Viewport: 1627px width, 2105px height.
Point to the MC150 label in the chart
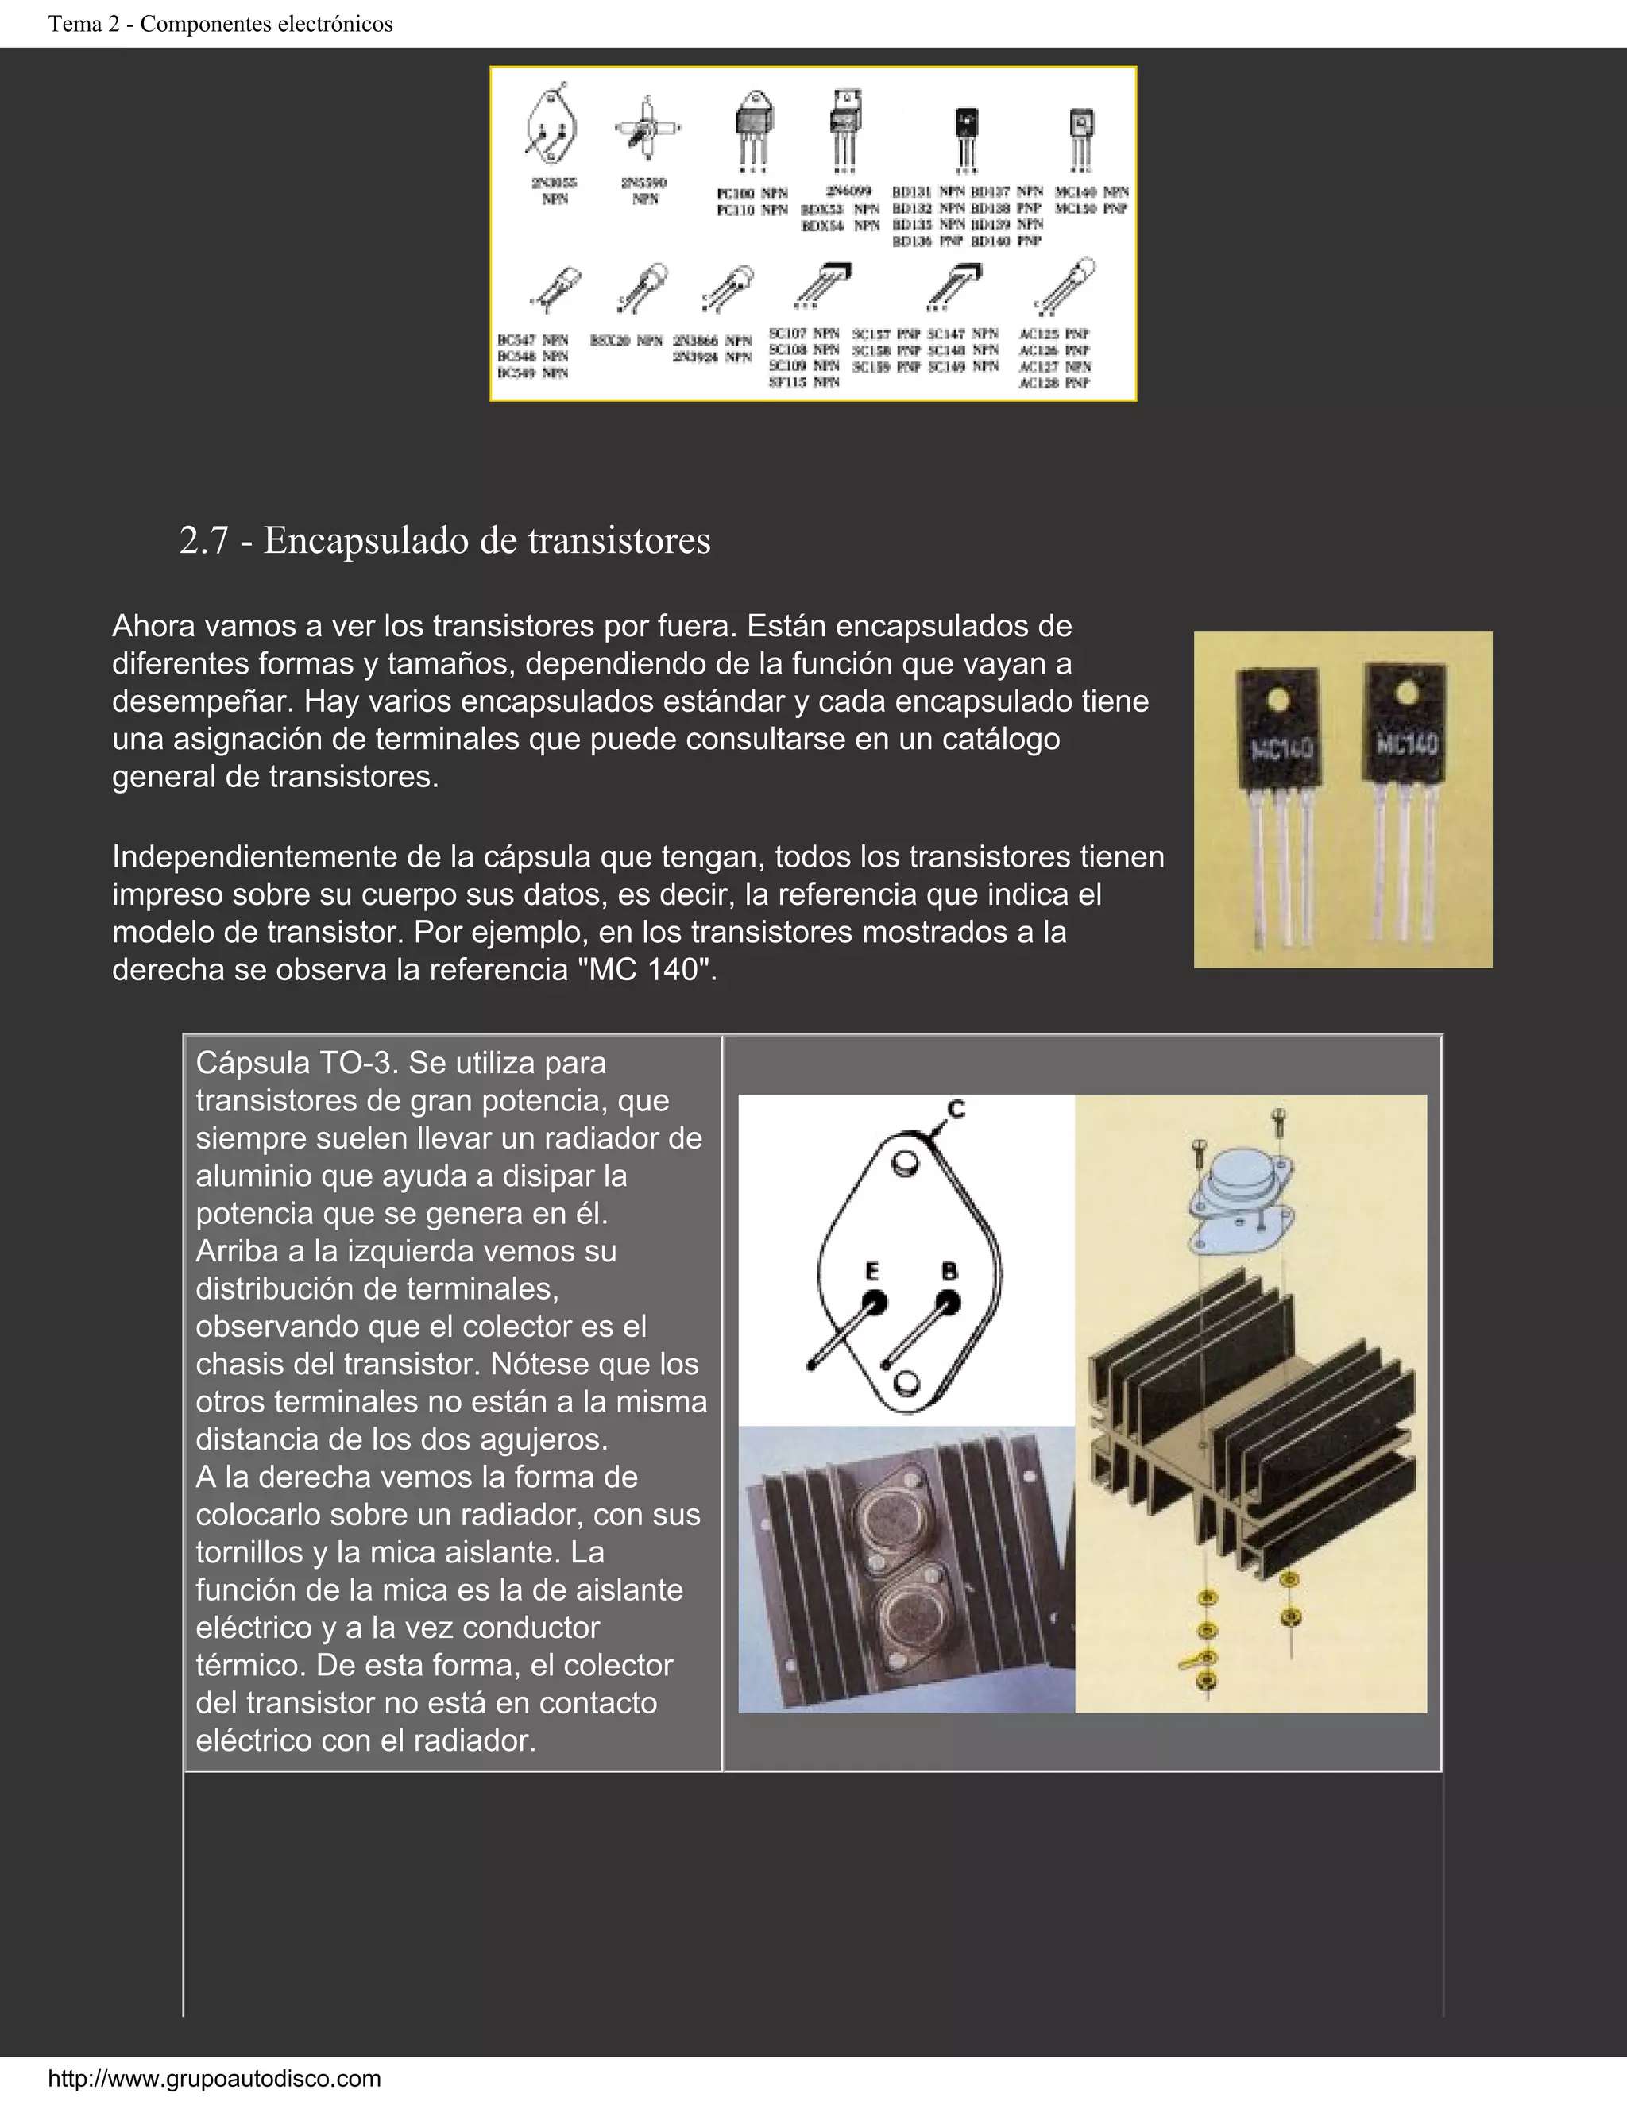click(x=1076, y=208)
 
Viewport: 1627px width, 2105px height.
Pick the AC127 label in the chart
click(x=1039, y=367)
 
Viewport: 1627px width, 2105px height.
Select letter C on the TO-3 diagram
click(x=955, y=1110)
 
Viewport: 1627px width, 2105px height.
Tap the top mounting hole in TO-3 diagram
click(x=904, y=1165)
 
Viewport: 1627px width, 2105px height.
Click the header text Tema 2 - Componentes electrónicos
click(x=221, y=24)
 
